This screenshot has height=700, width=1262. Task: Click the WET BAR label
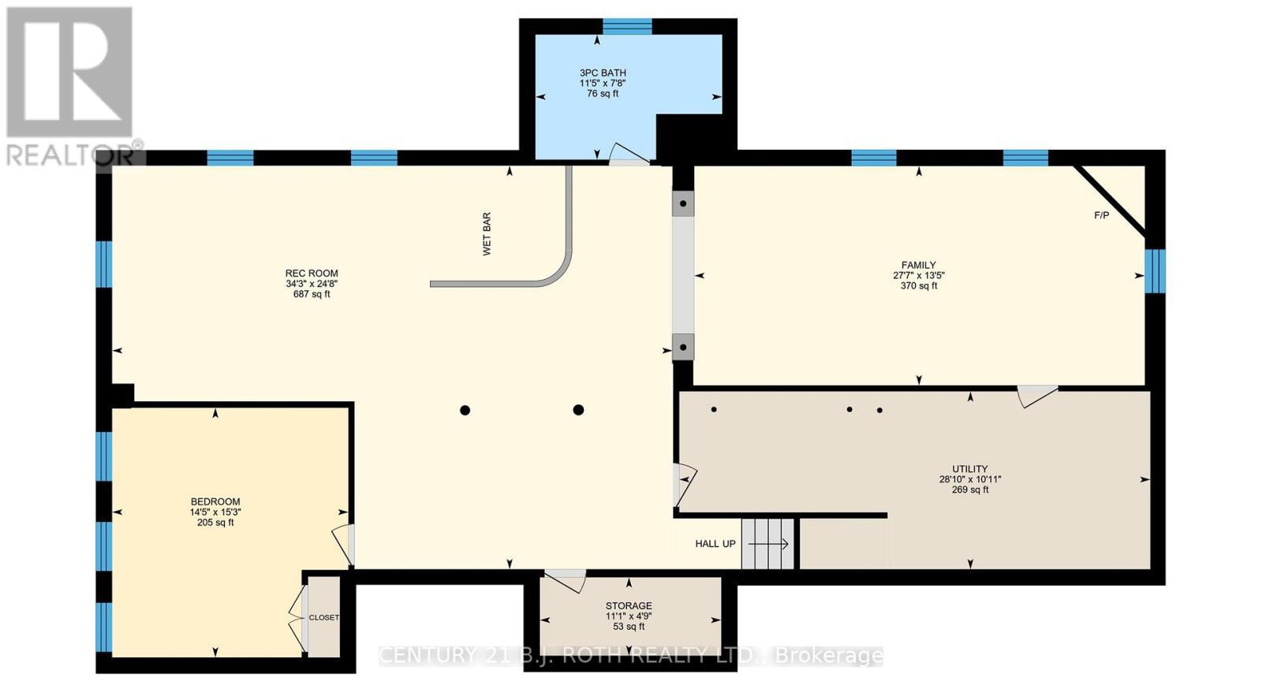pyautogui.click(x=487, y=233)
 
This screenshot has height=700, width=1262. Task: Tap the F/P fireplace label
pyautogui.click(x=1101, y=216)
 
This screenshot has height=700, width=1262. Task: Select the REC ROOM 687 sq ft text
pyautogui.click(x=312, y=294)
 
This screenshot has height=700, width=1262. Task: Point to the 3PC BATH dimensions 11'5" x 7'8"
pyautogui.click(x=603, y=84)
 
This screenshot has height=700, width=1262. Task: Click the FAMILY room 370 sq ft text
pyautogui.click(x=919, y=285)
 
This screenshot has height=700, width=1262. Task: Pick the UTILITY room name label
pyautogui.click(x=970, y=469)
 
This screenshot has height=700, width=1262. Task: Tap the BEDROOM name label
pyautogui.click(x=215, y=502)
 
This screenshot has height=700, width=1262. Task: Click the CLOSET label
pyautogui.click(x=324, y=618)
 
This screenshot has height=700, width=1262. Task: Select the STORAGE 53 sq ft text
pyautogui.click(x=629, y=627)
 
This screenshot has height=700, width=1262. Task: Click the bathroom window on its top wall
pyautogui.click(x=628, y=27)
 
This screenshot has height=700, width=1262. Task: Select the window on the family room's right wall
pyautogui.click(x=1155, y=271)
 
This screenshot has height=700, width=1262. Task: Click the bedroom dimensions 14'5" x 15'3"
pyautogui.click(x=215, y=512)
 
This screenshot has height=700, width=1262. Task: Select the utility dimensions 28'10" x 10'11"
pyautogui.click(x=970, y=480)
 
